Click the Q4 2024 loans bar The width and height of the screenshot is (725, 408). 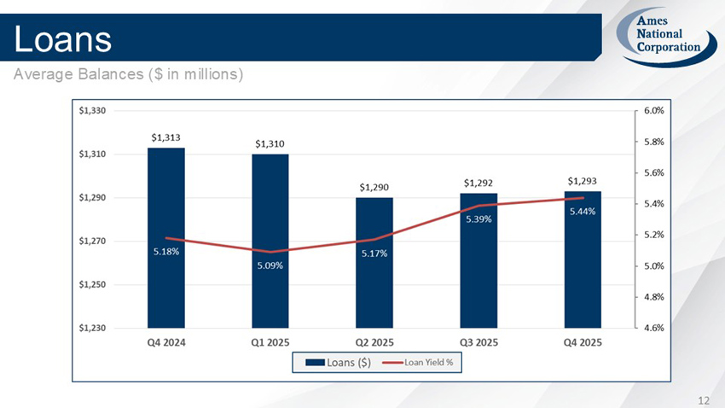coord(165,196)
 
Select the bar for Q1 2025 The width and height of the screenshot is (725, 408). coord(270,205)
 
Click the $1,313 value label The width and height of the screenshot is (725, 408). coord(165,137)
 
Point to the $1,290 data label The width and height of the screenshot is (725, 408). coord(374,186)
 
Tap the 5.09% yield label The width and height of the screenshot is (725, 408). coord(270,265)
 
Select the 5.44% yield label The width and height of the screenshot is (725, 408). coord(583,212)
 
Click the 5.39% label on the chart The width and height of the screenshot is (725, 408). coord(478,219)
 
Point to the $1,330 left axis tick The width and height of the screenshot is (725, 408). coord(92,110)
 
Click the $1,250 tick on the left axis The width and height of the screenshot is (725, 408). coord(92,284)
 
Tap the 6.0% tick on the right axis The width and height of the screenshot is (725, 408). coord(654,110)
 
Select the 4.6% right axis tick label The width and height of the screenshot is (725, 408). coord(654,327)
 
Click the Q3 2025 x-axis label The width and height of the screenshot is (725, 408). coord(478,343)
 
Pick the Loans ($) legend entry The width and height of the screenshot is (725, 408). coord(338,363)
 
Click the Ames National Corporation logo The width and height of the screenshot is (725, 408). coord(663,37)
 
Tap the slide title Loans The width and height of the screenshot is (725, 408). coord(63,38)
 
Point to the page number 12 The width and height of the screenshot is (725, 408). coord(704,399)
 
